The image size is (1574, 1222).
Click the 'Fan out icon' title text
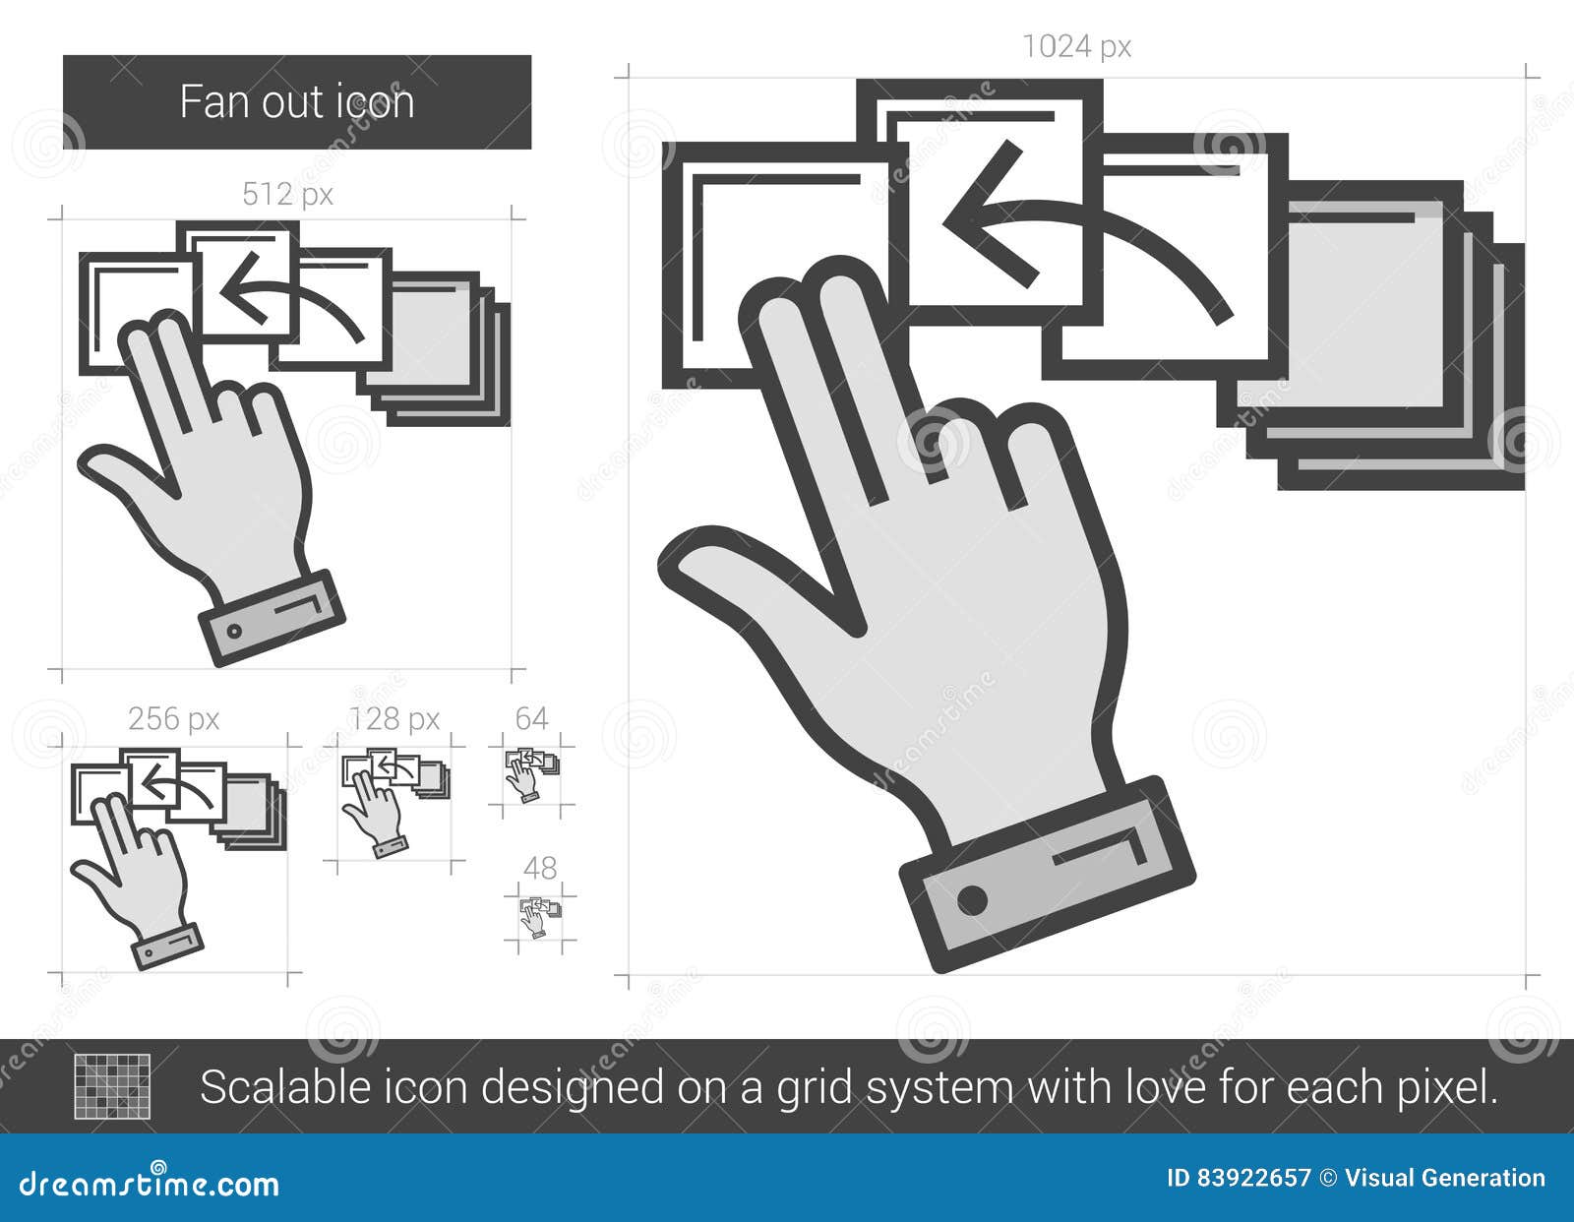[297, 101]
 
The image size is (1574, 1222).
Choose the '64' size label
[531, 718]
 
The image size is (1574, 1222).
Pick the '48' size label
[540, 868]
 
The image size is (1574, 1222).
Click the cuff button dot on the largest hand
[972, 900]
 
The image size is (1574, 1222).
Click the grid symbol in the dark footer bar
[112, 1086]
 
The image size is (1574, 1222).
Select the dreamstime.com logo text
[149, 1184]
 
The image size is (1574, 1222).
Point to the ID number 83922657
[1254, 1179]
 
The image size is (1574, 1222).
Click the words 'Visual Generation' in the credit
[1445, 1179]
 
